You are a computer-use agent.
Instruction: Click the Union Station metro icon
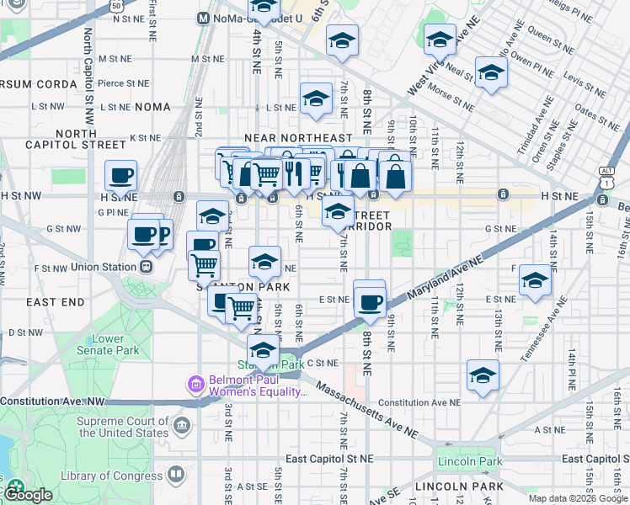coord(147,267)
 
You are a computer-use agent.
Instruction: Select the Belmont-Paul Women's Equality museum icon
coord(195,385)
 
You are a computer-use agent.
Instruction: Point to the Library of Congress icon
coord(175,476)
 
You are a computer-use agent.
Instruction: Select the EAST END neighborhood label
coord(55,301)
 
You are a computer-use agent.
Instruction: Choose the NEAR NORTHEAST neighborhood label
coord(297,137)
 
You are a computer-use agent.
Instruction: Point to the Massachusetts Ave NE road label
coord(367,412)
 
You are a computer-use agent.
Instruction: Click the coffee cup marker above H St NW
coord(121,176)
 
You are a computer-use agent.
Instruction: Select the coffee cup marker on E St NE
coord(369,301)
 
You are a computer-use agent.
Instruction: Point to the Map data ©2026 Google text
coord(578,498)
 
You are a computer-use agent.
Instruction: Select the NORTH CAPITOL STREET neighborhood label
coord(91,139)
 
